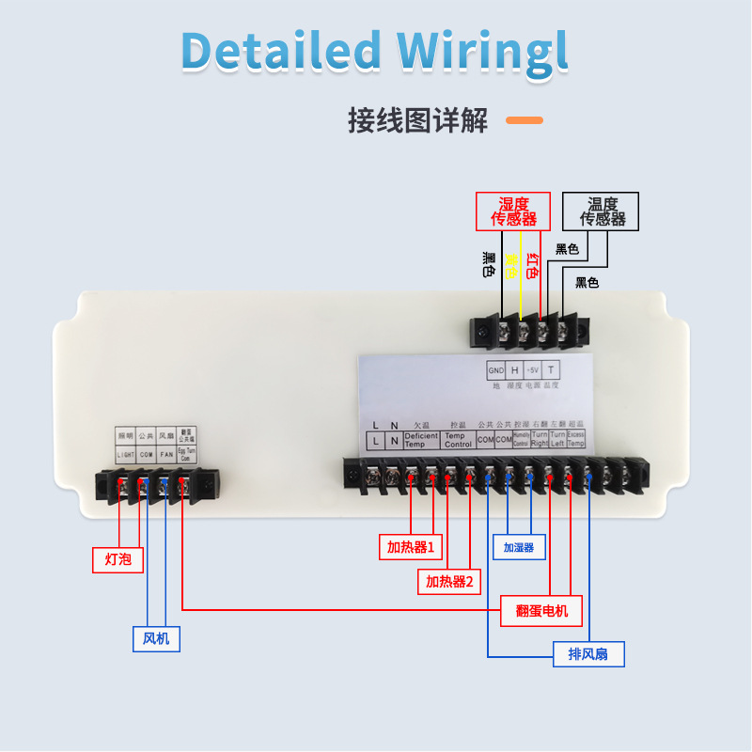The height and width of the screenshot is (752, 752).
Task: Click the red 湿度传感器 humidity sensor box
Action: point(513,211)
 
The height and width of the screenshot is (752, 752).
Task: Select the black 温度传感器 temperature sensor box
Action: point(602,211)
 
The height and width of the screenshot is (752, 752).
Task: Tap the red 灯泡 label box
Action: point(118,559)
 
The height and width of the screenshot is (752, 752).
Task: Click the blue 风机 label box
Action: point(156,639)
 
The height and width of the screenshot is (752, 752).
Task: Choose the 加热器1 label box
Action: point(412,546)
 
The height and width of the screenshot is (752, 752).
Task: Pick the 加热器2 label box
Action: point(449,582)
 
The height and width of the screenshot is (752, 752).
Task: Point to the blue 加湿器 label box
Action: point(518,546)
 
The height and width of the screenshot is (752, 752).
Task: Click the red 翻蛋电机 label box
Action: point(541,610)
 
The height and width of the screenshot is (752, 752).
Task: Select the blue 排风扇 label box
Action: point(588,654)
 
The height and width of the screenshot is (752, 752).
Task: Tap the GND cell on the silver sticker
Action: point(495,370)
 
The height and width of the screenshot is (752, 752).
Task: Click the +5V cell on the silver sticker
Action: point(533,370)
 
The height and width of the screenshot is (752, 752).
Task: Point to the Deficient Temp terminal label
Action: point(421,440)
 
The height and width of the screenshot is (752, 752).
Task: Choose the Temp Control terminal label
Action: point(458,440)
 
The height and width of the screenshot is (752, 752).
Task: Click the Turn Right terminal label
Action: point(540,439)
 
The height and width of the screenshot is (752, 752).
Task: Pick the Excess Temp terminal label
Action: point(576,439)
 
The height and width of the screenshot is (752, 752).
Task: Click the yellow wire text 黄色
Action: point(510,267)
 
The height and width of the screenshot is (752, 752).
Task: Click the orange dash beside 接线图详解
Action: point(525,120)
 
